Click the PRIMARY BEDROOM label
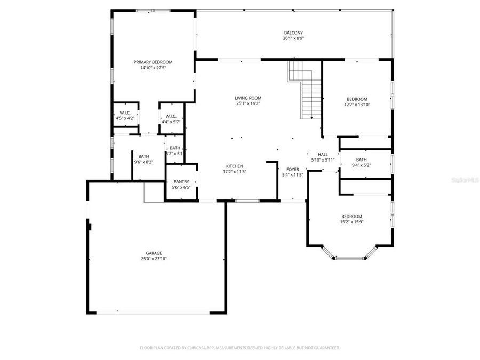[153, 62]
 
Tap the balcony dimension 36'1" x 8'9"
[293, 38]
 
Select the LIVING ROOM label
[248, 98]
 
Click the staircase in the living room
[307, 91]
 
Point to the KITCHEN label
[234, 166]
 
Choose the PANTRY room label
[181, 182]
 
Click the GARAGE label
[154, 253]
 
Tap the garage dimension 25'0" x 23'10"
[154, 259]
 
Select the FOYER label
[292, 169]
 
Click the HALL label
[323, 154]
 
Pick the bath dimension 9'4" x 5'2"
[361, 165]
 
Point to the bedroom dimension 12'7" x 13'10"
[357, 105]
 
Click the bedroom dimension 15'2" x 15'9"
[351, 222]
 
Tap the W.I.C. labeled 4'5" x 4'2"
[125, 118]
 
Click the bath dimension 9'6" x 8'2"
[143, 162]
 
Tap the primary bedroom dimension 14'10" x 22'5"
[153, 68]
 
